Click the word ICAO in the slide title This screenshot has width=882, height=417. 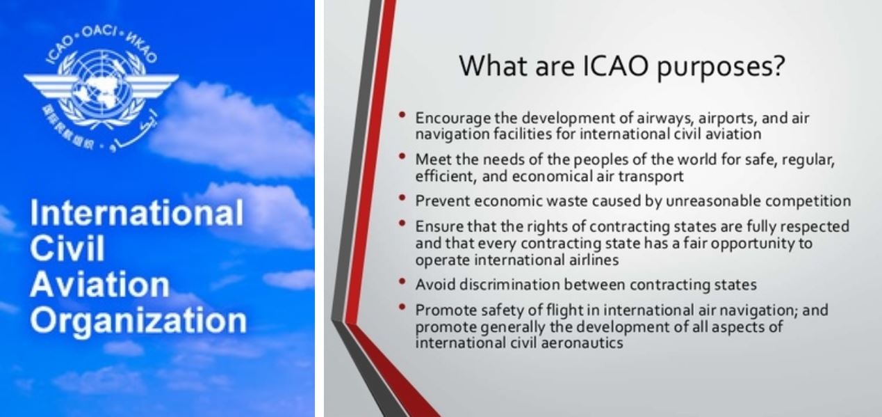click(x=614, y=65)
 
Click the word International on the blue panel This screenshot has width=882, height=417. click(x=137, y=213)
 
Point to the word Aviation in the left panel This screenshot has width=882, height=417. click(x=99, y=285)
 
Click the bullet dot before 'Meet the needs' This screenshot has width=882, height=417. click(x=402, y=156)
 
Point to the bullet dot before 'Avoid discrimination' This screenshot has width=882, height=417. click(x=402, y=281)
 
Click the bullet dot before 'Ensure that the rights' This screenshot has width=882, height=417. click(x=402, y=223)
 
